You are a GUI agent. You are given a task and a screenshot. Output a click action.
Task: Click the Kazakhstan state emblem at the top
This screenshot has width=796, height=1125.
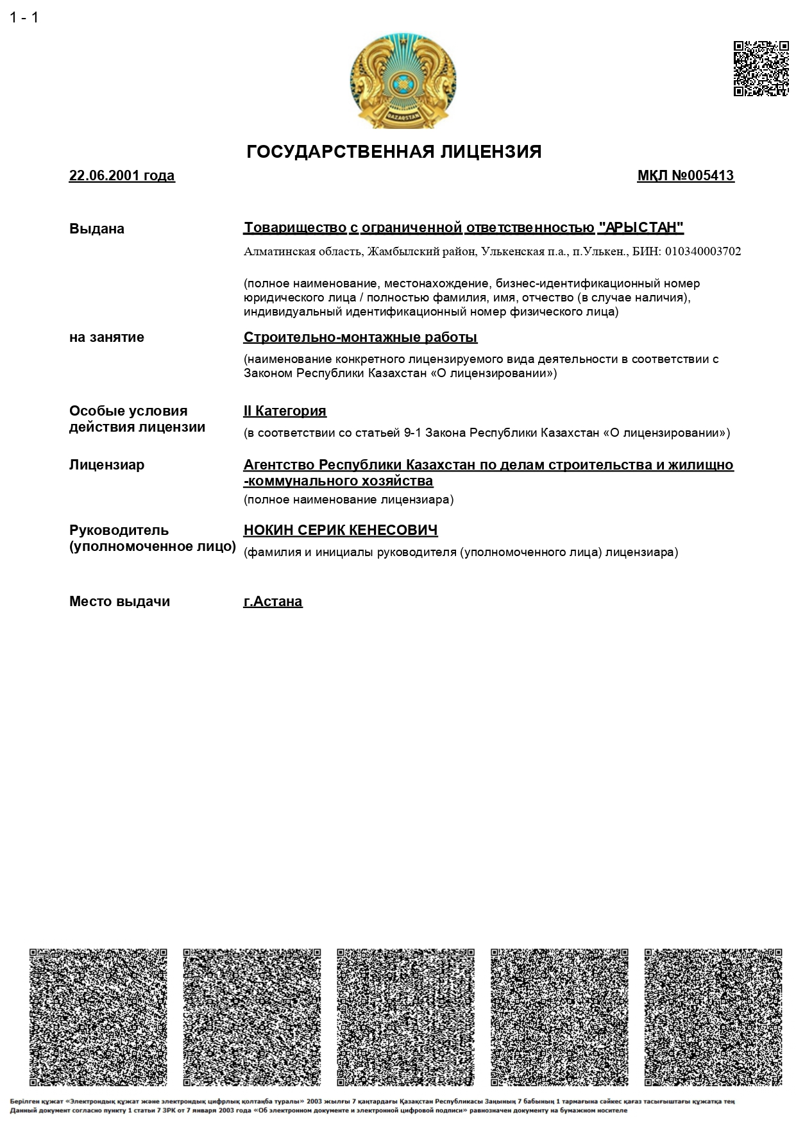point(403,81)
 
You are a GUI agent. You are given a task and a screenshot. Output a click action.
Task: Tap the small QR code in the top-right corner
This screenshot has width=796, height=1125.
point(761,69)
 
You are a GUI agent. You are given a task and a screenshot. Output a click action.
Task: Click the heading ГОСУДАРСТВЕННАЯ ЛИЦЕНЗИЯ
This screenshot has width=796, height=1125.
point(394,152)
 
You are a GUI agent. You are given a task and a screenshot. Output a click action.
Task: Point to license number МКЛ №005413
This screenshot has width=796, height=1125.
point(685,176)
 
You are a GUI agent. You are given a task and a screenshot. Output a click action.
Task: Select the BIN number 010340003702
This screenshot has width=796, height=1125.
point(702,251)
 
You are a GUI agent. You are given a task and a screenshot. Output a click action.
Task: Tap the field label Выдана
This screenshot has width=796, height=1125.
point(97,229)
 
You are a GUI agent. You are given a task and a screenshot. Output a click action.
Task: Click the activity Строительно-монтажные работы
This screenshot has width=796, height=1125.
point(360,337)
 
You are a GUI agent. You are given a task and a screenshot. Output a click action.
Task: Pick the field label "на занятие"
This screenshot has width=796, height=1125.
point(106,337)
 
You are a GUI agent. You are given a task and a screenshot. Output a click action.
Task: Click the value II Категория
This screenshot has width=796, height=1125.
point(285,411)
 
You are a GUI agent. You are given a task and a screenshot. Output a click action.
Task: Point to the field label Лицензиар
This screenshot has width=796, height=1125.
point(106,465)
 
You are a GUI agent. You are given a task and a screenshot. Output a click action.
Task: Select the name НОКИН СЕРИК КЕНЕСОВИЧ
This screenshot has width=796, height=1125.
point(341,530)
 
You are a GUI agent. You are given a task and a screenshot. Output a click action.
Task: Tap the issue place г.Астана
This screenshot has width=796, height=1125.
point(273,602)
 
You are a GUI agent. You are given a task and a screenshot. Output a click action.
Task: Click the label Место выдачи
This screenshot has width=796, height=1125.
point(119,602)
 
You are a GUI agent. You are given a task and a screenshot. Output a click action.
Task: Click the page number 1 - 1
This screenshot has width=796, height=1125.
point(24,18)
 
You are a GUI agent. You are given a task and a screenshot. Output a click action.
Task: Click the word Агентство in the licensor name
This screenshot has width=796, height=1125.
point(279,465)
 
